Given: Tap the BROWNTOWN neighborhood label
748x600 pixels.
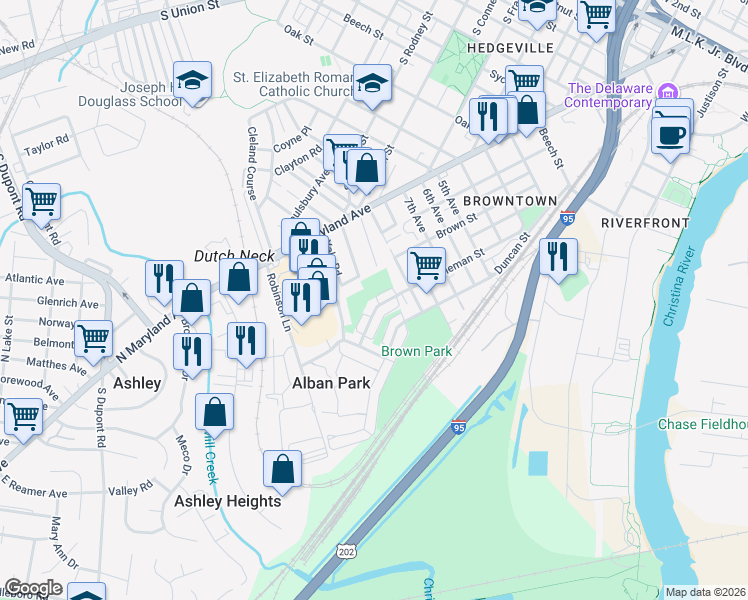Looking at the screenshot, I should coord(509,201).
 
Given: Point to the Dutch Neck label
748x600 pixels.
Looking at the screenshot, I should coord(233,256).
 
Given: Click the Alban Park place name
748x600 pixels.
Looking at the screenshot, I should coord(331,383).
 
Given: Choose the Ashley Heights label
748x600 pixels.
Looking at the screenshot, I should coord(228,501).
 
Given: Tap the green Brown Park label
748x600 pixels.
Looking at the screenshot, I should coord(417,351).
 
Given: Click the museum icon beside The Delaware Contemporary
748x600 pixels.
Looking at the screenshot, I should coord(667,98).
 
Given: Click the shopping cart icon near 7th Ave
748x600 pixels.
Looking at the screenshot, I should coord(426,265).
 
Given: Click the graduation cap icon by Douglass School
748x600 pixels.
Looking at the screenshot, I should coord(192,80).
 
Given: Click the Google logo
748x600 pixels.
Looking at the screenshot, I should coord(33,589).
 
